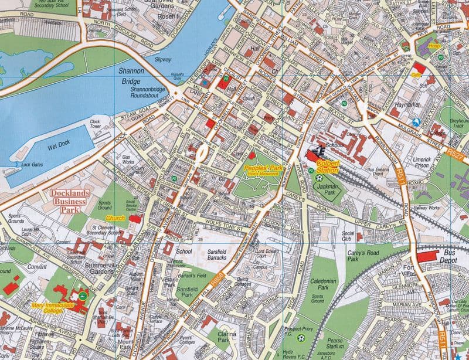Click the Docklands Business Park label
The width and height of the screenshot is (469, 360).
point(68,201)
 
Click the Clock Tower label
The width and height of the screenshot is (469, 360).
point(96,124)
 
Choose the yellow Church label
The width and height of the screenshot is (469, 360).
point(117,218)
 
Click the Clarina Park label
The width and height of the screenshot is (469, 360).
point(223,337)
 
